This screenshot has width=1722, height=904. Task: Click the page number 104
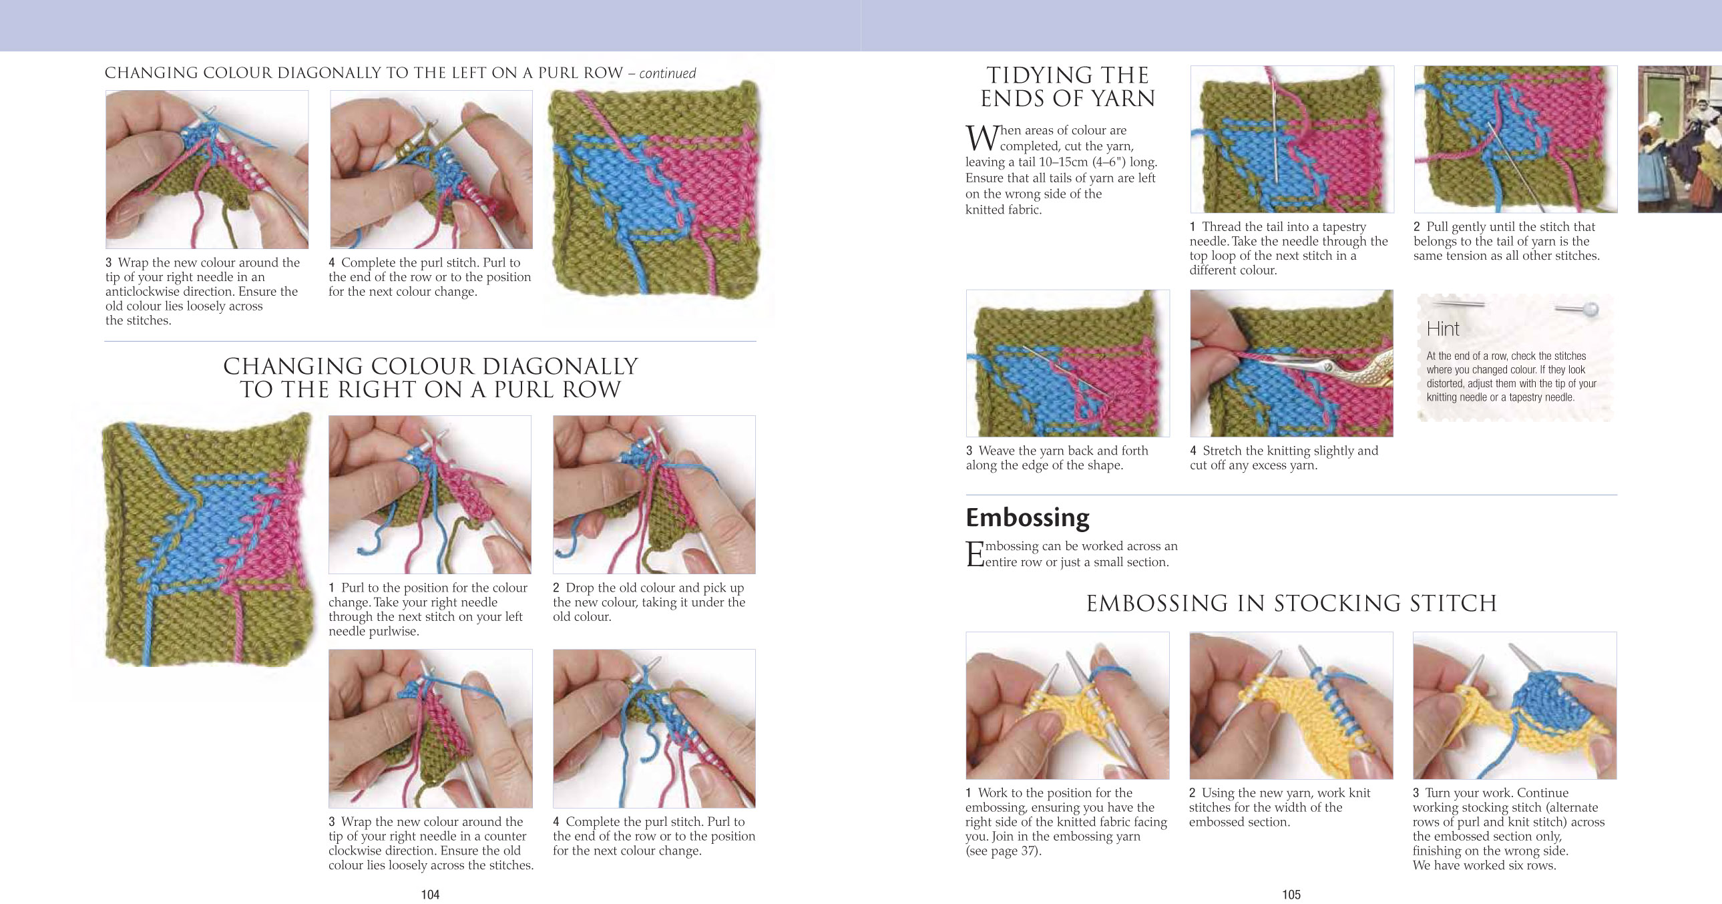(430, 894)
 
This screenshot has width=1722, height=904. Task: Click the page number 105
(1291, 894)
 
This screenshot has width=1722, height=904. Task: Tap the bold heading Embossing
(1028, 517)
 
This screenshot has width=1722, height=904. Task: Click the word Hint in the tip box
(1443, 329)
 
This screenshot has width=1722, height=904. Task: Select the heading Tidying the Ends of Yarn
(1068, 87)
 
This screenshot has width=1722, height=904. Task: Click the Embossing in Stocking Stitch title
(1291, 603)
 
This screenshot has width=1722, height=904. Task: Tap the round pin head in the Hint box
(1590, 309)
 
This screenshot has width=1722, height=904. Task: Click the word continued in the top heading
(667, 73)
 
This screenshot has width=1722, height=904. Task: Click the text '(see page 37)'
(1003, 851)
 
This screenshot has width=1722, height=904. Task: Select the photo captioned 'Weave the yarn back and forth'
(1068, 363)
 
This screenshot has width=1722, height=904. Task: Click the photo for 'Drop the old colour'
(654, 495)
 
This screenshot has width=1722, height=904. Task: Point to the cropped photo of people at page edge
(1680, 139)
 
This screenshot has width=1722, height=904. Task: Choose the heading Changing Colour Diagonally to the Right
(431, 378)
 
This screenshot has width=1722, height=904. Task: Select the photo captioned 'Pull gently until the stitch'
(1516, 139)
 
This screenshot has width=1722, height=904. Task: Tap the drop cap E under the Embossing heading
(975, 554)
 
